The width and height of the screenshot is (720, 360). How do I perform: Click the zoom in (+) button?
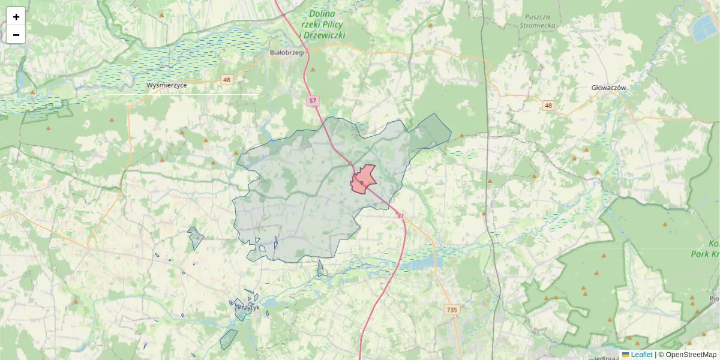pos(16,17)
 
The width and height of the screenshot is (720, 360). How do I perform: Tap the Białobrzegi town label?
pos(288,52)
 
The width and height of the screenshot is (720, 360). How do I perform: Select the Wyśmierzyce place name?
pos(167,85)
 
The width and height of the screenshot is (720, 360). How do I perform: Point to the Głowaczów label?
pos(608,88)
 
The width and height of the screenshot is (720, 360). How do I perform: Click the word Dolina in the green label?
pos(322,13)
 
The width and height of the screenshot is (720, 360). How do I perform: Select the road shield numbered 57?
pos(313,101)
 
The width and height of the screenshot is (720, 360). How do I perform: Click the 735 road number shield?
pos(452,310)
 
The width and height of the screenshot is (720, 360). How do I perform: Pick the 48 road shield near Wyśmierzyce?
pos(226,80)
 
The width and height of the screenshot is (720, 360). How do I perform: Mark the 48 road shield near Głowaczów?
pos(548,106)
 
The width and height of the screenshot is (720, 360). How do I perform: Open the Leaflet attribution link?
pos(641,355)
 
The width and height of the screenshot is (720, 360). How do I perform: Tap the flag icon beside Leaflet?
pos(625,355)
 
